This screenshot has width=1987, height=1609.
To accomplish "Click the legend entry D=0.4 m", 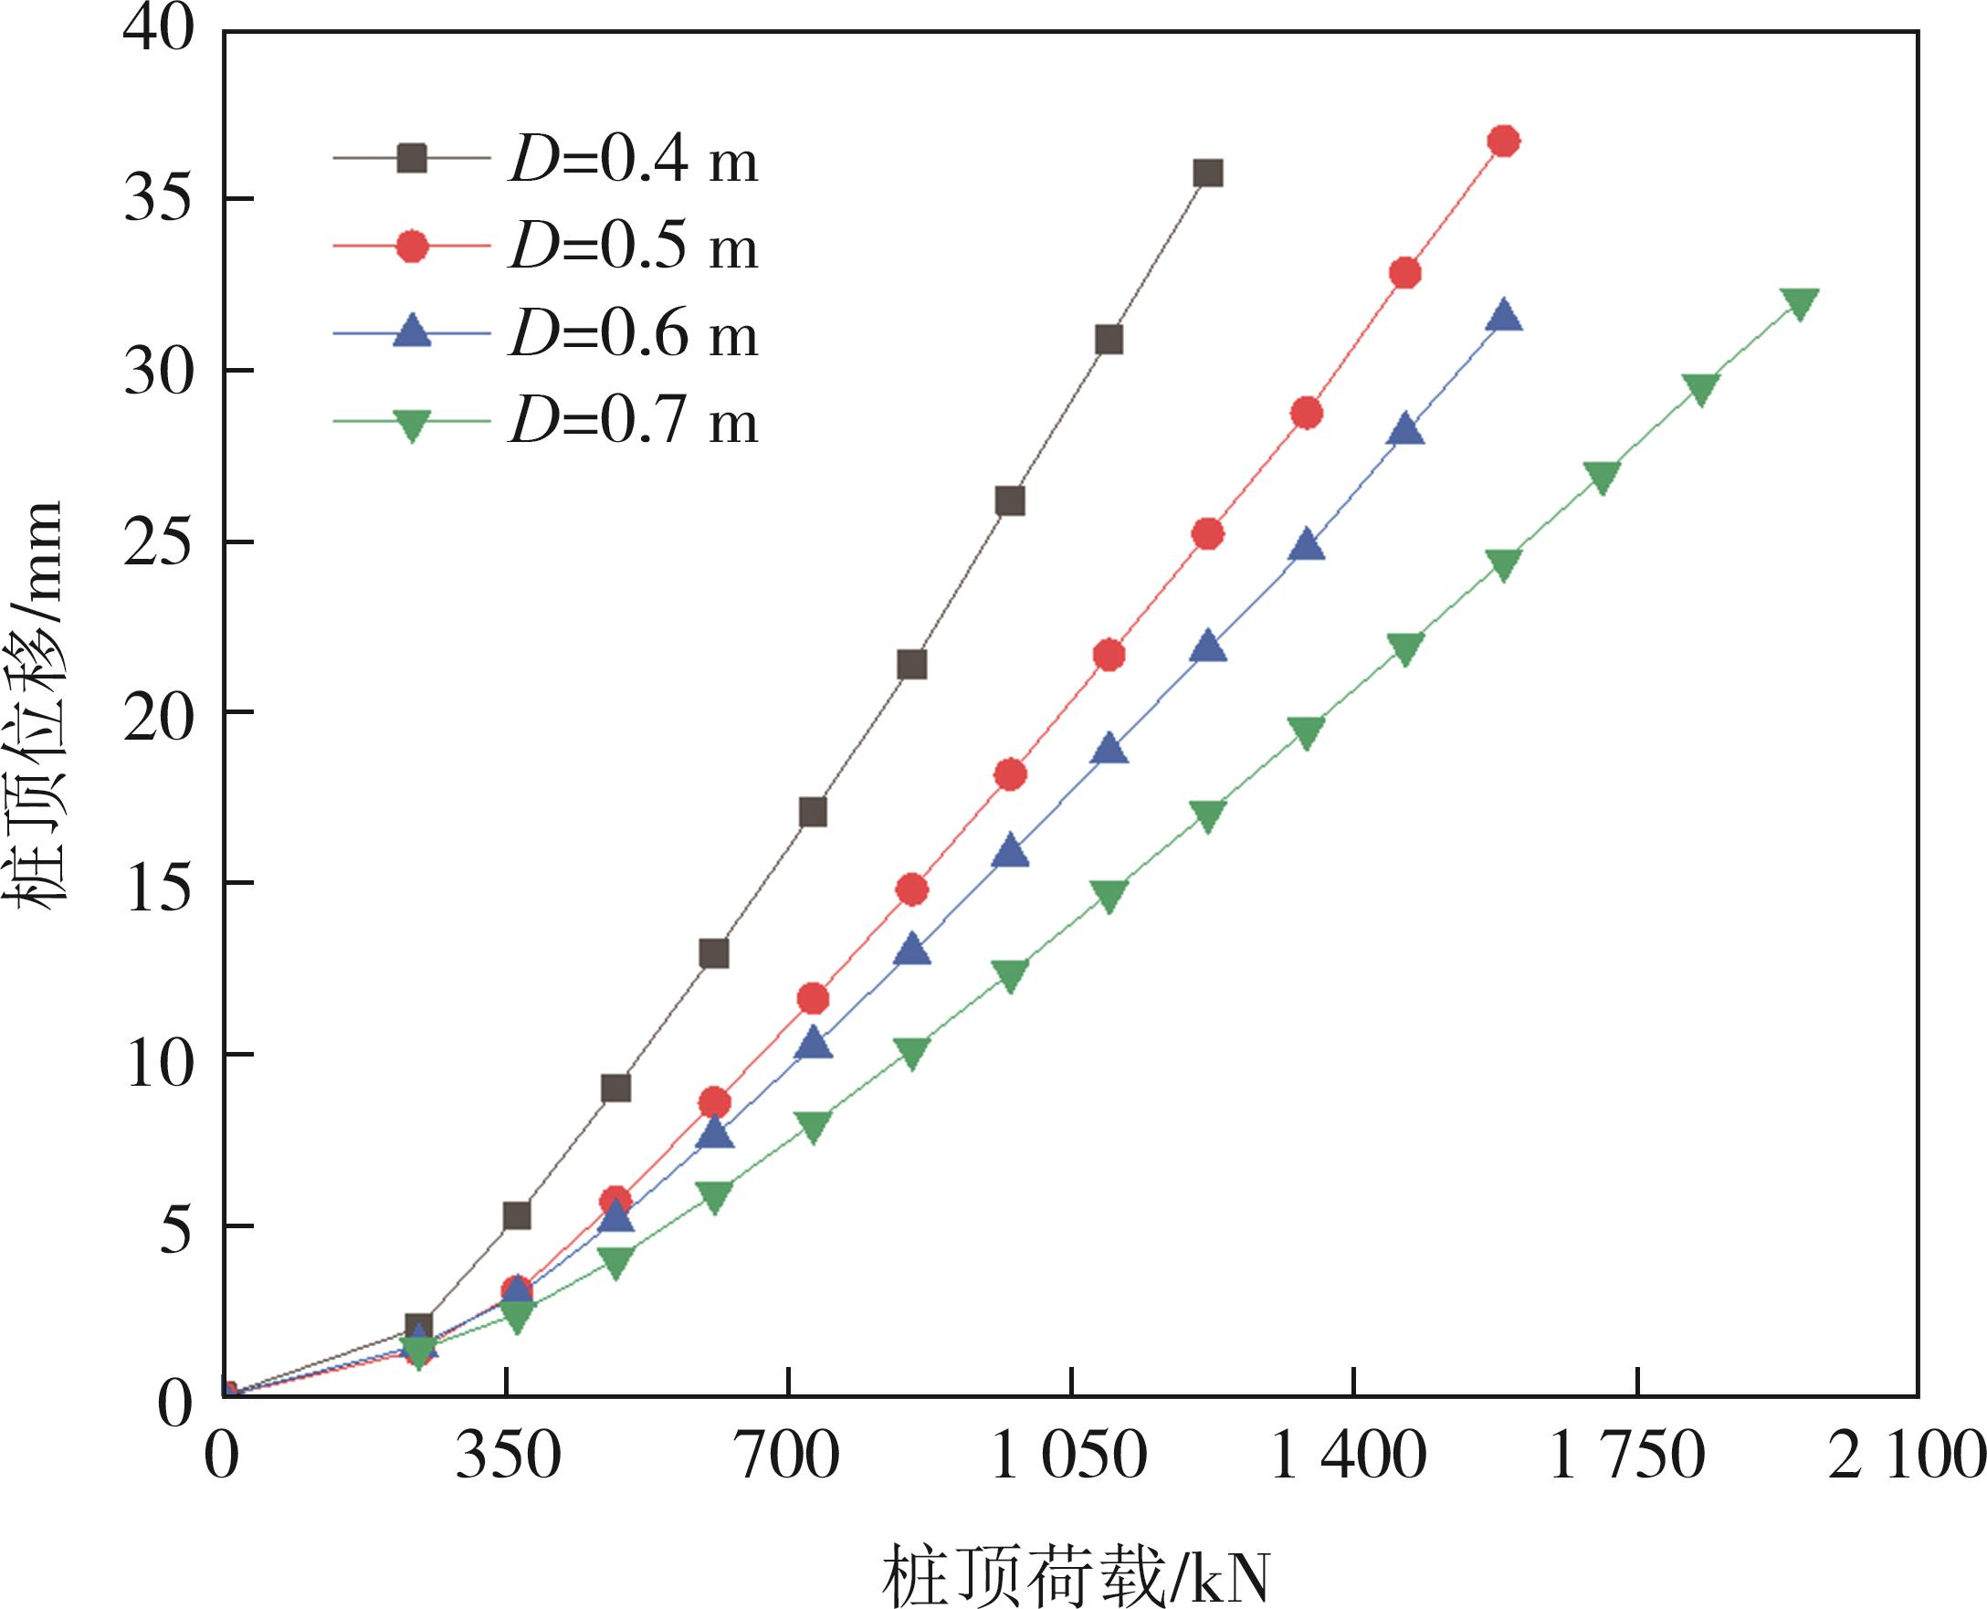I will coord(633,162).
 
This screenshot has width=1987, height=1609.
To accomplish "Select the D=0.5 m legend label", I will coord(633,248).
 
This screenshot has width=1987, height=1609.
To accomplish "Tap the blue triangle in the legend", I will coord(412,332).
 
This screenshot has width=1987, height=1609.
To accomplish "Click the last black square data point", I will coord(1207,174).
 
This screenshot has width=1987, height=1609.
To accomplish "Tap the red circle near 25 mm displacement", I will coord(1207,534).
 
